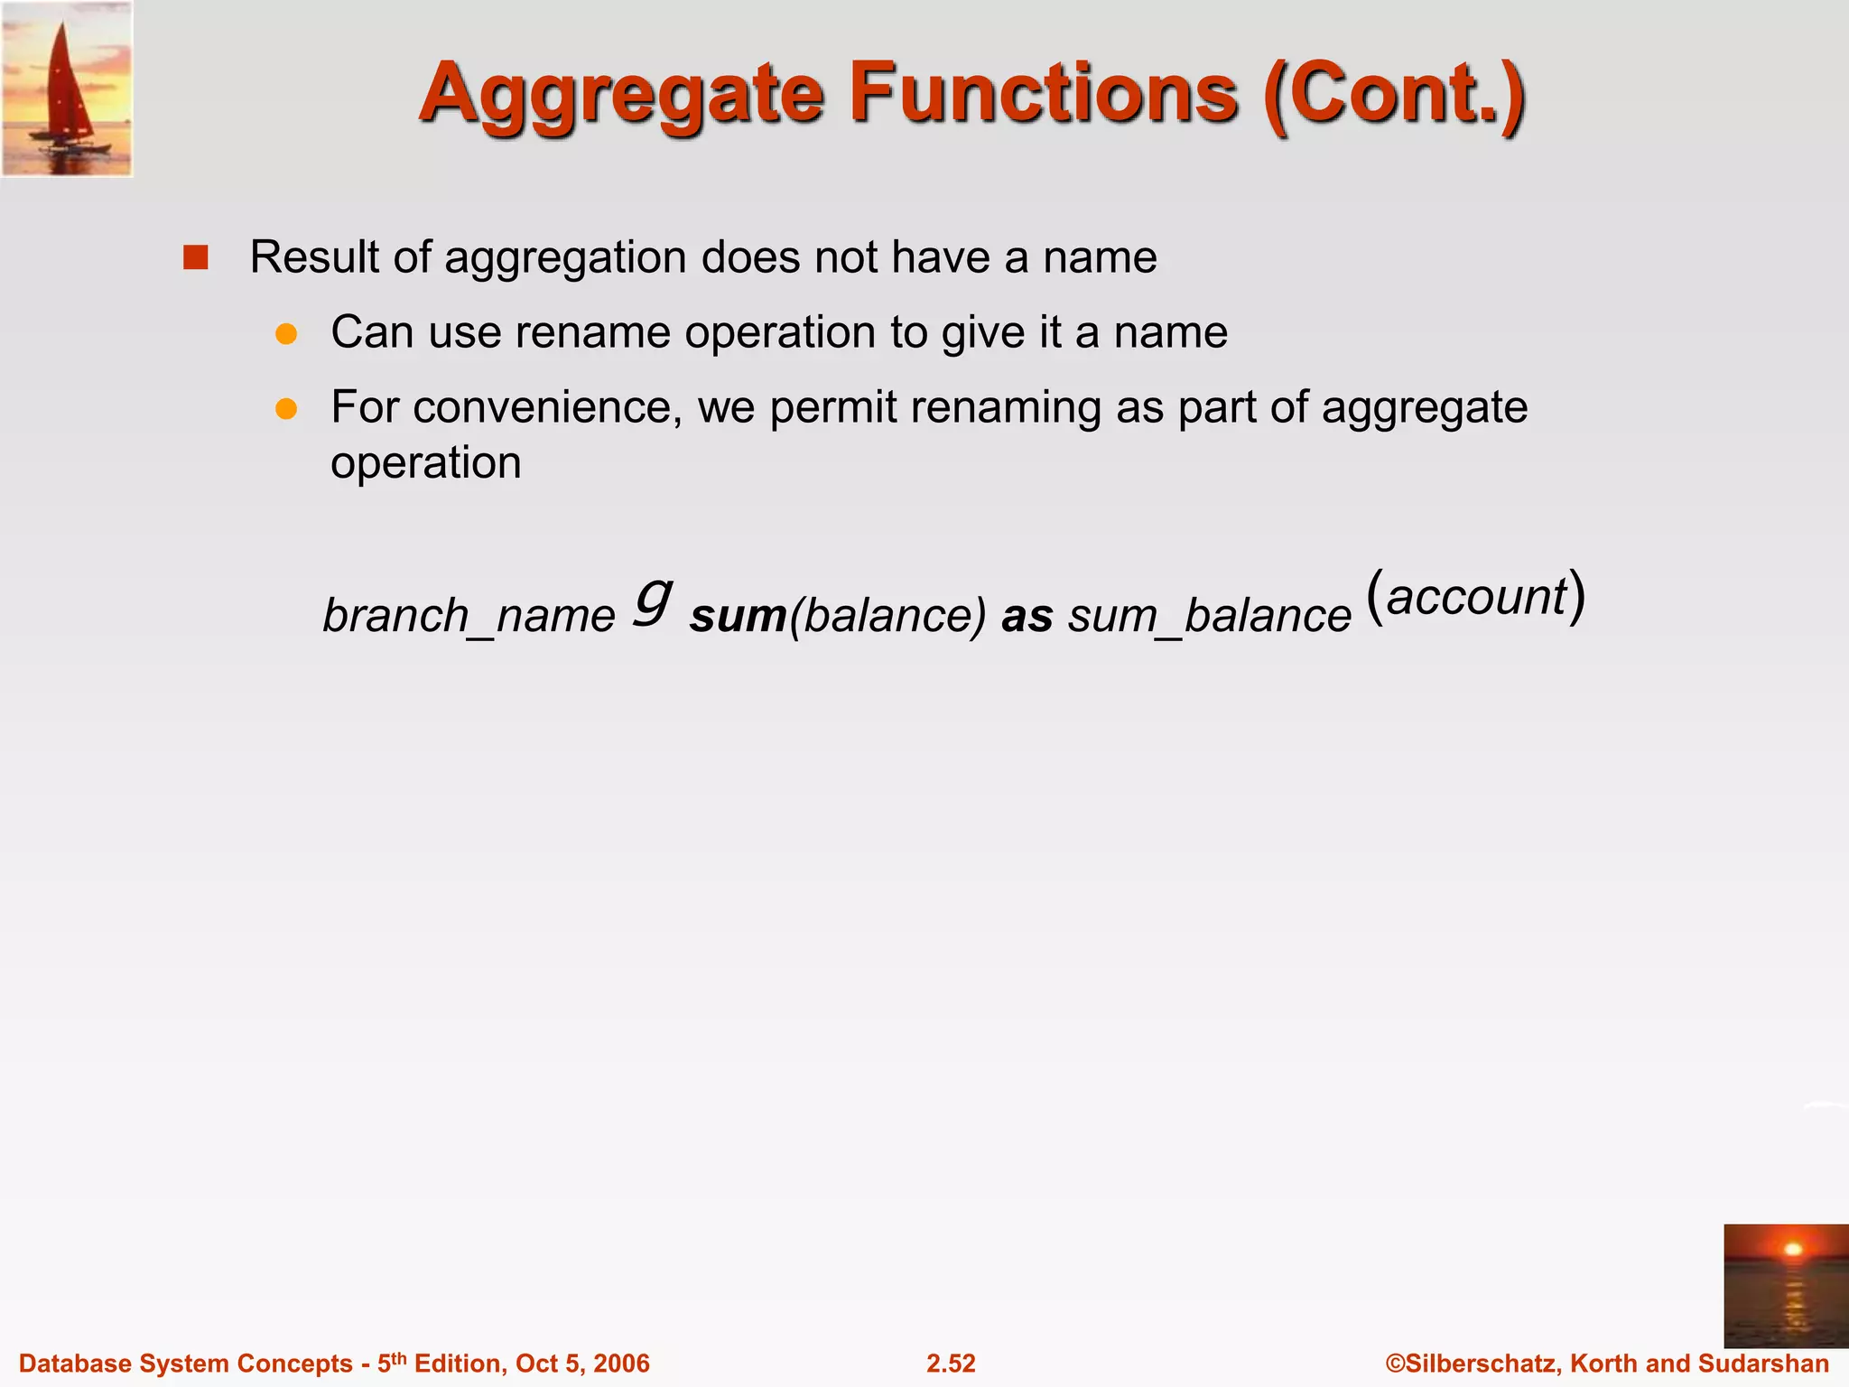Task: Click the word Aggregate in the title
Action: [621, 96]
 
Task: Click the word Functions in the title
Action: [1043, 94]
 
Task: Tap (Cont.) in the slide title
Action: [1395, 96]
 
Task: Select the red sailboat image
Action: [67, 88]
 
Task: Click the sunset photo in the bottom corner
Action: [1785, 1286]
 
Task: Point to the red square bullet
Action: [196, 257]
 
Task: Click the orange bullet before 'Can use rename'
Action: [286, 334]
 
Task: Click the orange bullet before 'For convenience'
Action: [286, 409]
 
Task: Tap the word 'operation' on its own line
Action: [425, 463]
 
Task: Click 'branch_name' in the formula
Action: [469, 616]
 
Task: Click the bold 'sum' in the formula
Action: [738, 616]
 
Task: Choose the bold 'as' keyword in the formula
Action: [1027, 616]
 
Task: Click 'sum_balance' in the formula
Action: [1209, 616]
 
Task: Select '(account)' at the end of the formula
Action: [1475, 596]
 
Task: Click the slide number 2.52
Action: [951, 1363]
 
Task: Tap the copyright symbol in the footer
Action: [1395, 1363]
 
